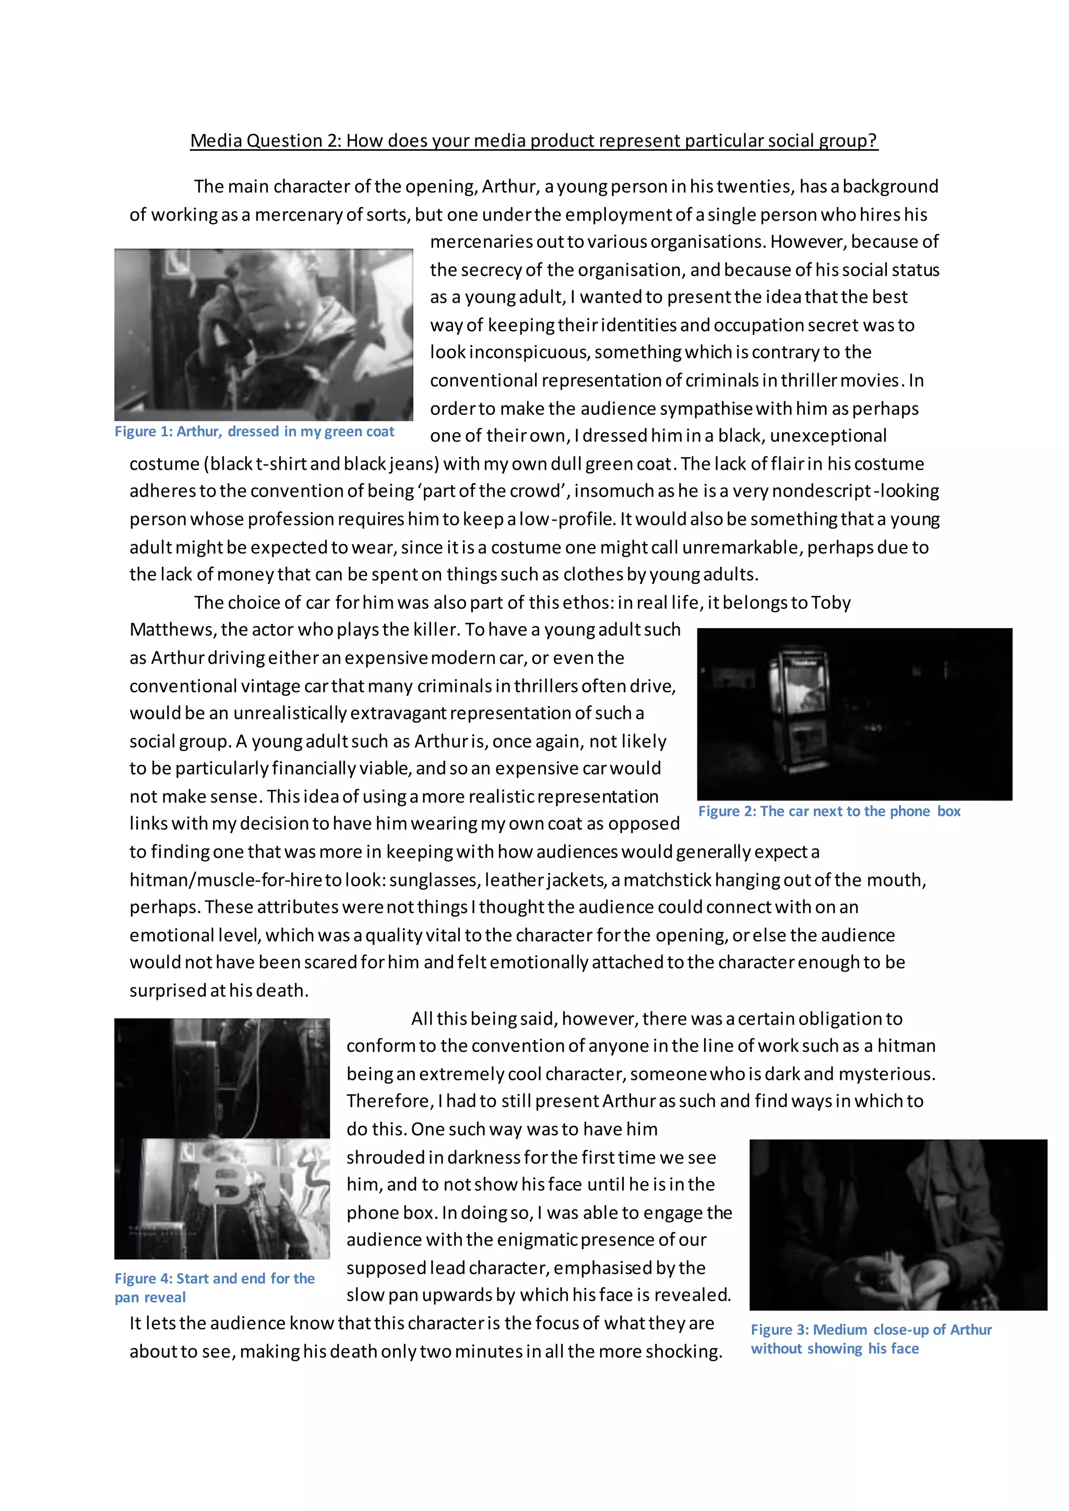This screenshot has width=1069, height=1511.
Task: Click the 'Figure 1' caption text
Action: pyautogui.click(x=254, y=431)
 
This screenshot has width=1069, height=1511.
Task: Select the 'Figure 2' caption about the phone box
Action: pyautogui.click(x=829, y=811)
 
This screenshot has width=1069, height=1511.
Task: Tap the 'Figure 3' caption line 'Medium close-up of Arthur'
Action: pyautogui.click(x=871, y=1329)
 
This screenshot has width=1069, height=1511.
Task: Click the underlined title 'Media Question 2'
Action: pyautogui.click(x=533, y=140)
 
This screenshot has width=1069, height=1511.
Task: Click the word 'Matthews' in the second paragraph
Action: pyautogui.click(x=172, y=630)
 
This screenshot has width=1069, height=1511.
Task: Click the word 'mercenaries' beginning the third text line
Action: pyautogui.click(x=481, y=242)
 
